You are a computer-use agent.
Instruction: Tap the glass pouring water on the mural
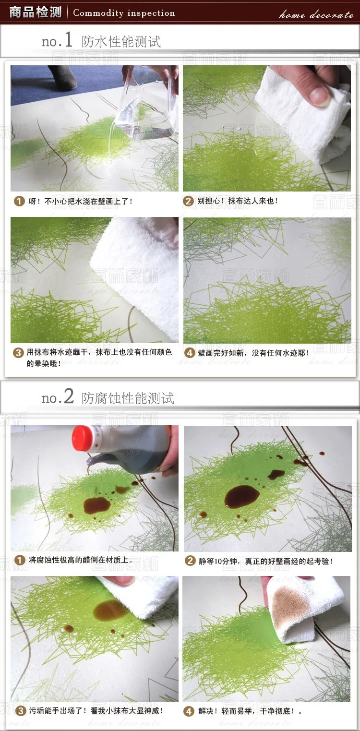click(x=146, y=105)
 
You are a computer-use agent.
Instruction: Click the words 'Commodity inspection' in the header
click(x=124, y=13)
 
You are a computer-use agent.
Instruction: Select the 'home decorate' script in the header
click(x=316, y=14)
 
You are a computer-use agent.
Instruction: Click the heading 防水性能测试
click(x=121, y=41)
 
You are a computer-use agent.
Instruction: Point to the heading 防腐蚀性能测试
click(x=128, y=398)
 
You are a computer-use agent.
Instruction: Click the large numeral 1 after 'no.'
click(x=69, y=39)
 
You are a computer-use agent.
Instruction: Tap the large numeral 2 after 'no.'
click(x=69, y=396)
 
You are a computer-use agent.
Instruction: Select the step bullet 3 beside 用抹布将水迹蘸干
click(x=19, y=352)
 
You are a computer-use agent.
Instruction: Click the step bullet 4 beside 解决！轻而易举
click(x=189, y=711)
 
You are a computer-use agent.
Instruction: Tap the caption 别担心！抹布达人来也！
click(x=237, y=201)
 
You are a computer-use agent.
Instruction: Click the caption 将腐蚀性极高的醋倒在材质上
click(x=80, y=560)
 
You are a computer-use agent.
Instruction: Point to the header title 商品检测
click(x=35, y=12)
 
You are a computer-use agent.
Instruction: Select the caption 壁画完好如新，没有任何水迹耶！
click(x=253, y=353)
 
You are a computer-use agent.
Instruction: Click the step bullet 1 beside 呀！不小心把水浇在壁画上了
click(x=19, y=201)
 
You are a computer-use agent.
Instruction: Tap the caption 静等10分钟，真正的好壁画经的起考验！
click(x=266, y=561)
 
